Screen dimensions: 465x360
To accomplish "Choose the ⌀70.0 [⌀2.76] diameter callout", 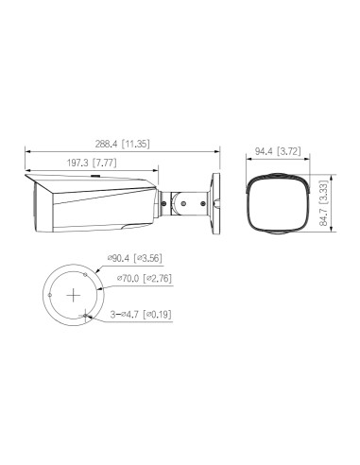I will (142, 279).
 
